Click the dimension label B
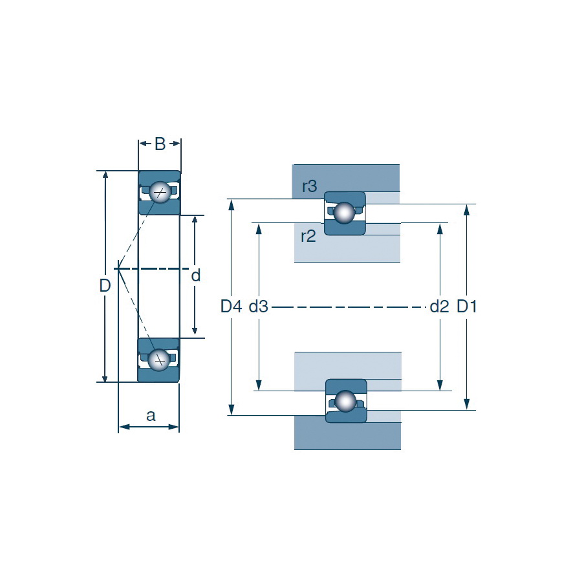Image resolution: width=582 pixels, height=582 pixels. pos(160,144)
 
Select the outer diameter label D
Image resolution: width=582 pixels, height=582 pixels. pos(105,285)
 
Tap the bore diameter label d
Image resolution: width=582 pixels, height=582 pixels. pos(195,275)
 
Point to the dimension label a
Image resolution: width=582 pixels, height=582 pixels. pos(151,416)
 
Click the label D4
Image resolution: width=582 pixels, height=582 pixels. pos(232,307)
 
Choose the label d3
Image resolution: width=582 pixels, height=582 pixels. pos(258,307)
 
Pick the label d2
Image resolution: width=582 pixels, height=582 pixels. pos(440,307)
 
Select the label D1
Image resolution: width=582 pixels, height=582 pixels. pos(466,307)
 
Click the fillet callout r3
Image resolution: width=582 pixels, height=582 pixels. pos(310,186)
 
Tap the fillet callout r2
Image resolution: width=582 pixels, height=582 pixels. pos(308,236)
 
